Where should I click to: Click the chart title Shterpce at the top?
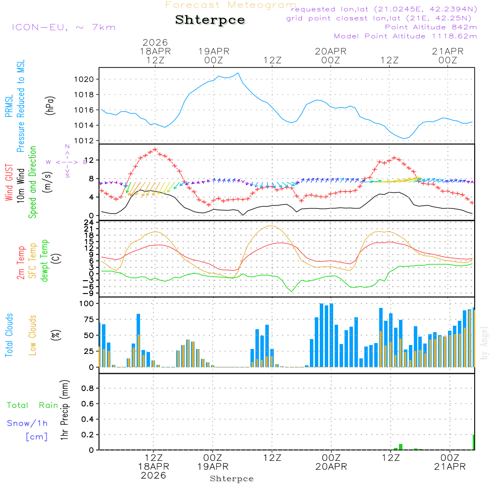[x=210, y=20]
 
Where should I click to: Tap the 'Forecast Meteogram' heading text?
[x=231, y=5]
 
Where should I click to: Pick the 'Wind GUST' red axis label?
[x=9, y=184]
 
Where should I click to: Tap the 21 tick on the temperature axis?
[x=92, y=229]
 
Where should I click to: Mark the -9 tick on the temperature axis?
[x=92, y=293]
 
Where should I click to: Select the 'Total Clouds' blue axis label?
[x=9, y=335]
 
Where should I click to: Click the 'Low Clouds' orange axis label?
[x=33, y=335]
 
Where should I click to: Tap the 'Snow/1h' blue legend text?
[x=27, y=424]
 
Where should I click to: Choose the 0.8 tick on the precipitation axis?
[x=87, y=389]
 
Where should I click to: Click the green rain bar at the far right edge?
[x=474, y=442]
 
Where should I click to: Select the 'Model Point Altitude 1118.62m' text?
[x=405, y=36]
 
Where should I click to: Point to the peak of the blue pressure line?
[x=239, y=73]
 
